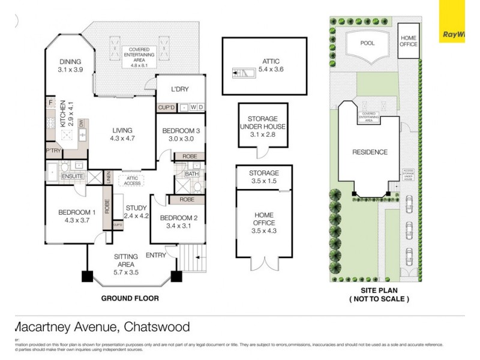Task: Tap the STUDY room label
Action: (x=136, y=212)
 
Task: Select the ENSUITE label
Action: (x=73, y=177)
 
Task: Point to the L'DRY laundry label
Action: (x=179, y=89)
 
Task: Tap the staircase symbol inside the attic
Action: (x=242, y=73)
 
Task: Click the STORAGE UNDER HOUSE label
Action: (x=262, y=127)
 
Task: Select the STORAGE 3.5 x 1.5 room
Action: (x=264, y=177)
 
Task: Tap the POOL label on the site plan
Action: (x=367, y=44)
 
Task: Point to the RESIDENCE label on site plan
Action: (x=370, y=152)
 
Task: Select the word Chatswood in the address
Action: (x=157, y=328)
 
